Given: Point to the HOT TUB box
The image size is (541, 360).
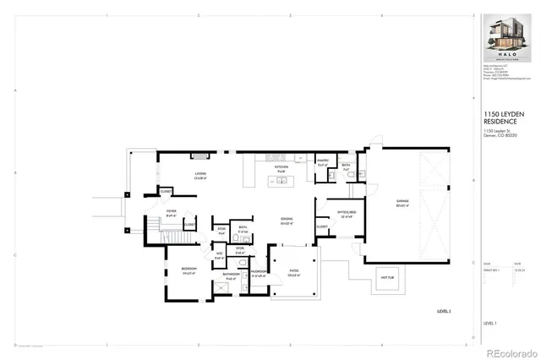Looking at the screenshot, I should pos(389,276).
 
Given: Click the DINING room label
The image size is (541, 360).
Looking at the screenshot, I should pos(287,221).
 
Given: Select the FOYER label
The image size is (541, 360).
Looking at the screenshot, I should pos(171,214).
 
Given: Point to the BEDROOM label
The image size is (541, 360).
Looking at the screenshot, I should pos(188,271).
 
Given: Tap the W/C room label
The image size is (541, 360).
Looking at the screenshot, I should pos(219,256).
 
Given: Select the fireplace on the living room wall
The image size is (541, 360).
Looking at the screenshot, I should pos(199,156).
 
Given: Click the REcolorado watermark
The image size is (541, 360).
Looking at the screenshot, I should pos(508,352).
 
